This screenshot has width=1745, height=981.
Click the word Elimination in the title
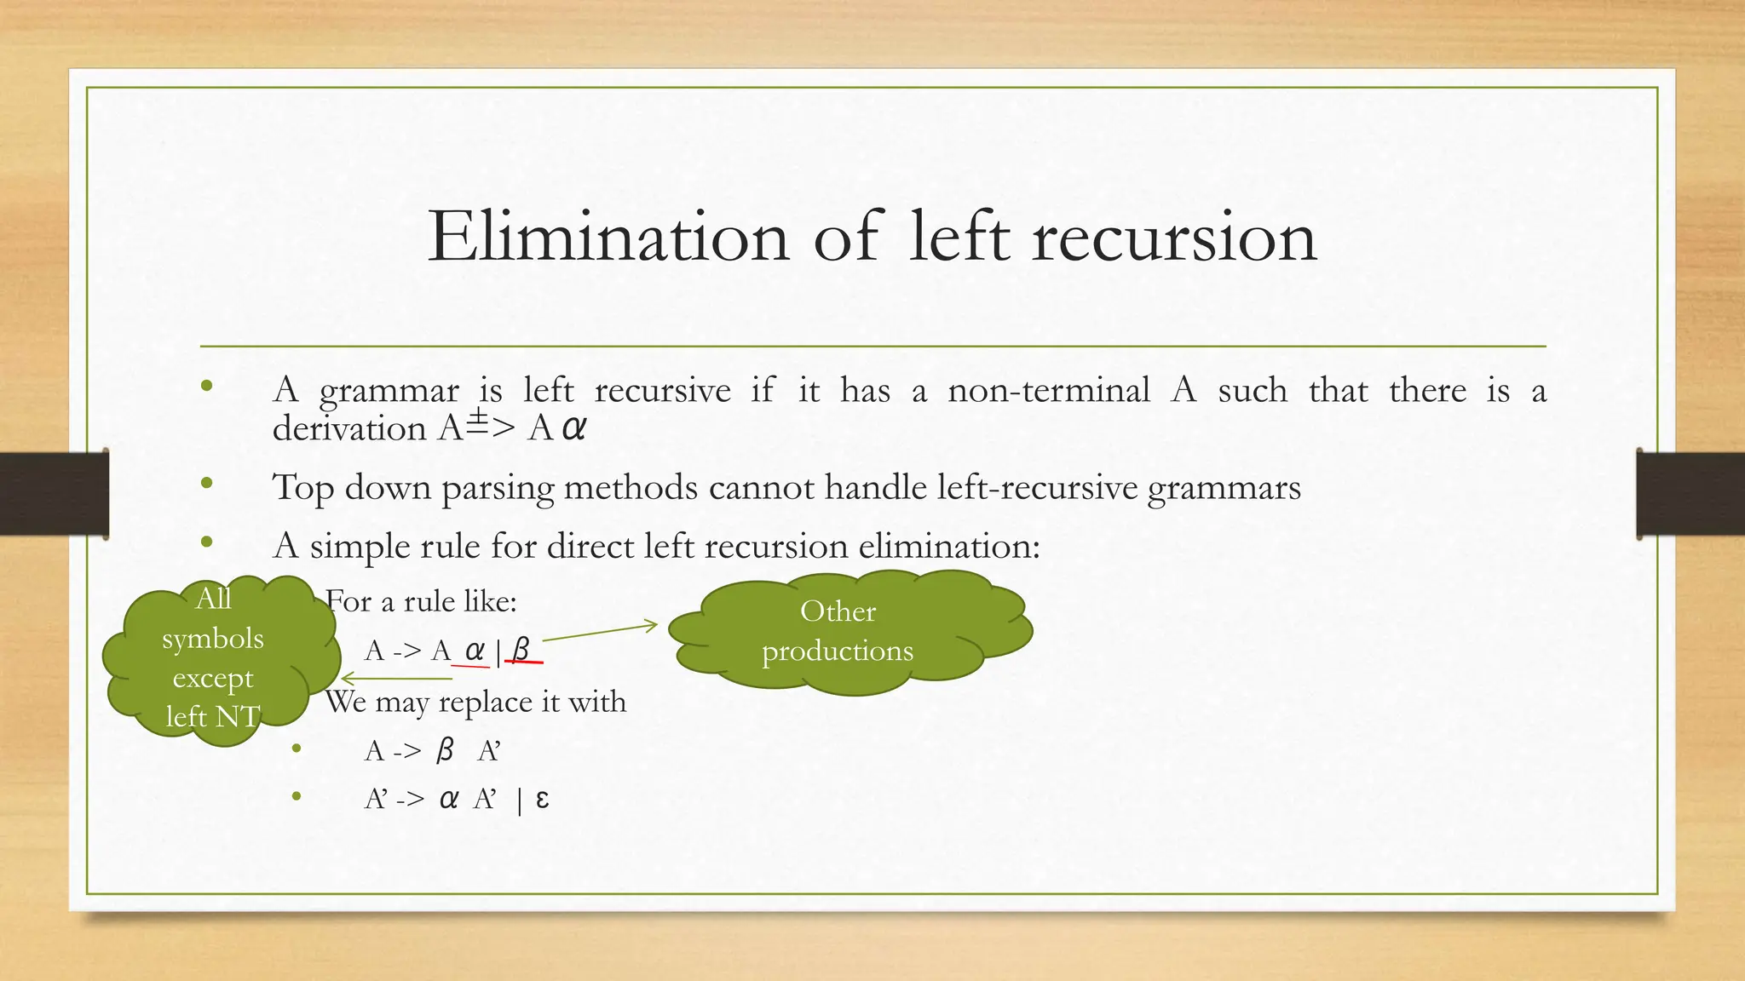point(608,237)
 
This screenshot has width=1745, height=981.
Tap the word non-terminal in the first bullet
point(1048,390)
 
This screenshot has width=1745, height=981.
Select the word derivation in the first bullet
point(348,427)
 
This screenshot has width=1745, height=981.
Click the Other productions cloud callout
point(848,631)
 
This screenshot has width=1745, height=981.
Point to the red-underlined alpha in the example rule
point(474,651)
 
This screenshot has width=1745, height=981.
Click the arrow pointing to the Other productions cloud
point(600,632)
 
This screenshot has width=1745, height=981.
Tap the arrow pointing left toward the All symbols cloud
point(396,679)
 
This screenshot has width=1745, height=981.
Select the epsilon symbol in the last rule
point(542,799)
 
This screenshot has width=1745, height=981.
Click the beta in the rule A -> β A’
point(444,750)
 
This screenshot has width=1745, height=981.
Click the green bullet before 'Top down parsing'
point(206,484)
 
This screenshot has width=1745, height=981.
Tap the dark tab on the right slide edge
point(1690,493)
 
